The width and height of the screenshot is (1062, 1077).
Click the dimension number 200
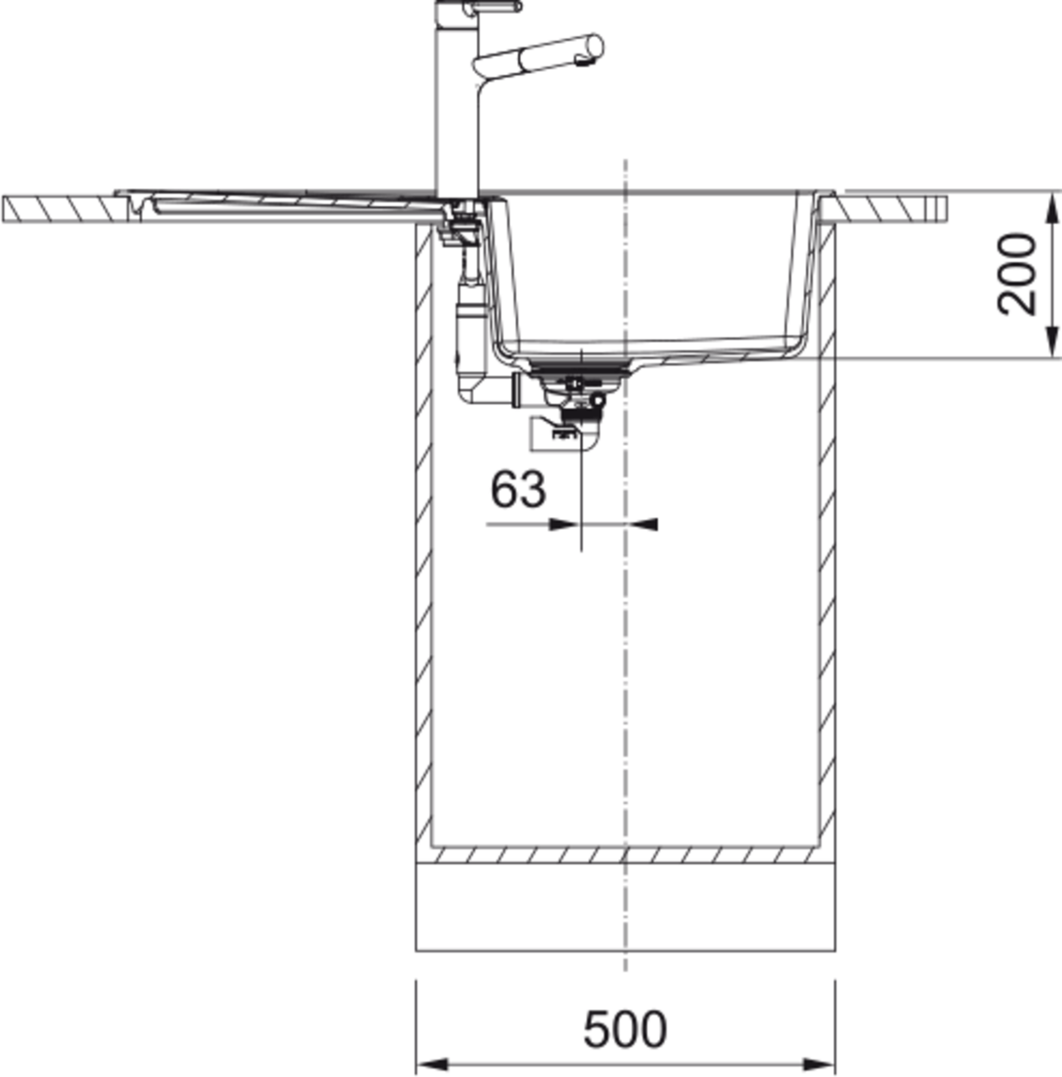pos(1016,275)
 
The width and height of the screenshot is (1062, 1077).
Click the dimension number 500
pos(624,1029)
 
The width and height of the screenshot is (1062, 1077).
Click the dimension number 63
pos(517,489)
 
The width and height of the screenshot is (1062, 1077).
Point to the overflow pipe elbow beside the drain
pos(474,390)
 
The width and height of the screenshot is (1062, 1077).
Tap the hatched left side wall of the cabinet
pos(423,502)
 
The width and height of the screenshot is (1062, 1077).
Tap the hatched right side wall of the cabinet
pos(827,502)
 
